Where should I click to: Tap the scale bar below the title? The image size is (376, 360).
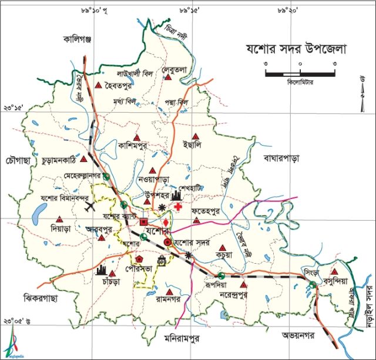(x=300, y=73)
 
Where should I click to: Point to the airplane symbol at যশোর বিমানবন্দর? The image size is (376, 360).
(x=90, y=206)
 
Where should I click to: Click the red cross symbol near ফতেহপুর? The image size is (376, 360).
(x=178, y=208)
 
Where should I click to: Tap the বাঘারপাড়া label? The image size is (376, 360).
(x=282, y=159)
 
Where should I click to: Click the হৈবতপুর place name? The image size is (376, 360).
(x=125, y=87)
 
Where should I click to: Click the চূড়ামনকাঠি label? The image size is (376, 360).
(x=60, y=160)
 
